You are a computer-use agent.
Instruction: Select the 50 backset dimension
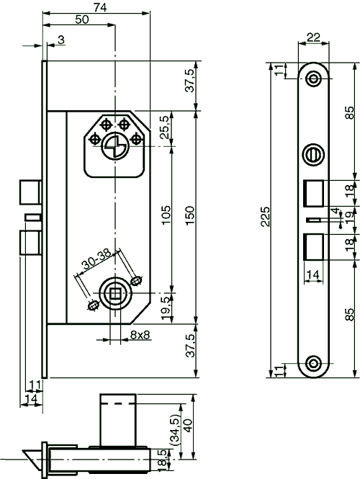coord(82,19)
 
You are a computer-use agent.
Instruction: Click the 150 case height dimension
coord(189,214)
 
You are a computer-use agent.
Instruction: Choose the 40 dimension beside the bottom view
coord(189,426)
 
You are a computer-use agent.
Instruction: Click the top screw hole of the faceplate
coord(313,79)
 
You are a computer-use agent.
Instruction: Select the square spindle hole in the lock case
coord(115,292)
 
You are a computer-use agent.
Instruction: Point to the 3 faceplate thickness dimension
coord(60,40)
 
